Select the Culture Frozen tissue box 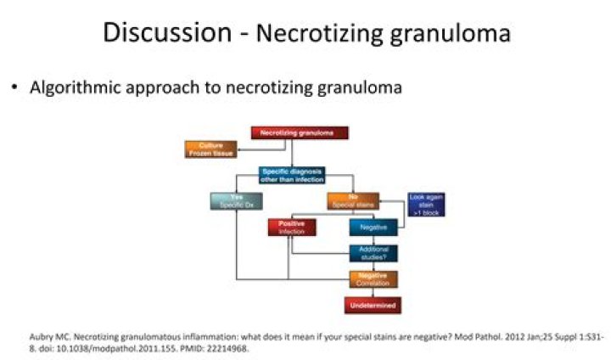(x=211, y=149)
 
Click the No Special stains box (x=352, y=201)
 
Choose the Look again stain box (x=426, y=205)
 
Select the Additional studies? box (x=373, y=253)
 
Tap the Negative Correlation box (x=373, y=278)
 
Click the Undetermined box (x=373, y=304)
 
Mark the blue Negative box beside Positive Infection (x=373, y=228)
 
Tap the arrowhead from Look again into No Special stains (x=381, y=202)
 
